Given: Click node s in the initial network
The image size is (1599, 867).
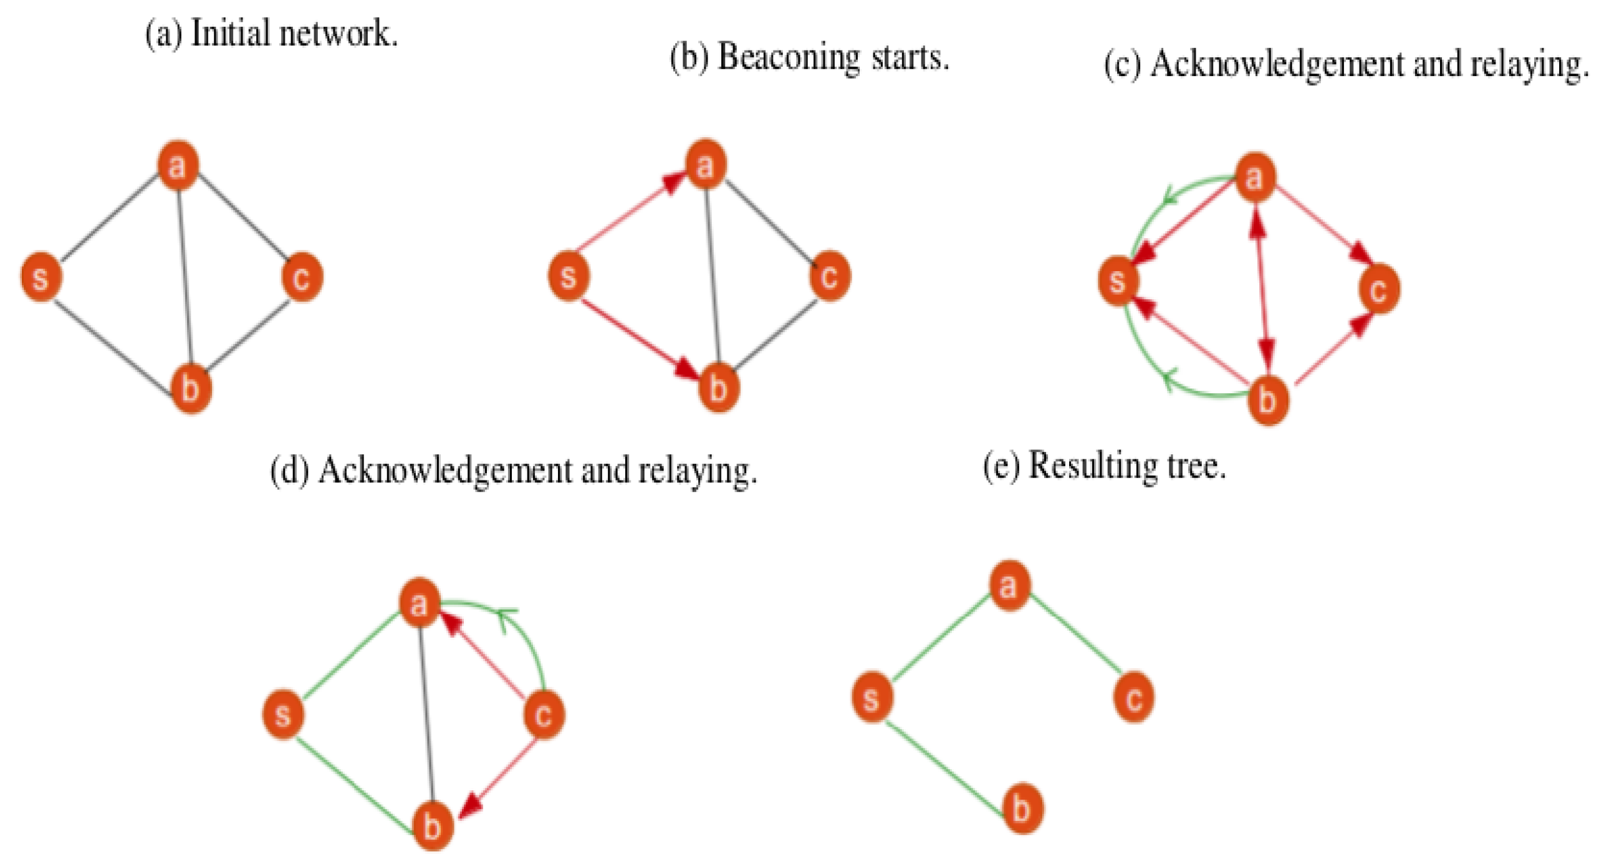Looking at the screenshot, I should (x=41, y=277).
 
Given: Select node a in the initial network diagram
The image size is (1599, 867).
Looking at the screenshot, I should (x=178, y=165).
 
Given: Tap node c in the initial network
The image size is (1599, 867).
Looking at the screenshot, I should (x=302, y=277).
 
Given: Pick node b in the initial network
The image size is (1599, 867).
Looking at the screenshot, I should (x=191, y=388).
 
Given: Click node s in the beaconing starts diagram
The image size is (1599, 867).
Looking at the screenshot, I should (x=568, y=276).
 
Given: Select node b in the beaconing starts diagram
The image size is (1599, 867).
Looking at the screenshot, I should (x=719, y=388).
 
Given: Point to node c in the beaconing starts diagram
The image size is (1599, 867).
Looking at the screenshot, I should (x=830, y=276).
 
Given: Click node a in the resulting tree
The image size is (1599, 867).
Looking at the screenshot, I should (x=1009, y=585).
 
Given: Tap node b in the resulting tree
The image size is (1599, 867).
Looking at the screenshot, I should (x=1022, y=809).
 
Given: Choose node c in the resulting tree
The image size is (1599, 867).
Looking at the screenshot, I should (x=1133, y=697).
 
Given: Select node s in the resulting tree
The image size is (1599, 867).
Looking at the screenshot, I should (x=872, y=697).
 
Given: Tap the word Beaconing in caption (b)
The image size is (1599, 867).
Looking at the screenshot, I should (x=789, y=57).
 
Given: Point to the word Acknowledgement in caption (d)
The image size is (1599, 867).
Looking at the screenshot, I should (x=445, y=470).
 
